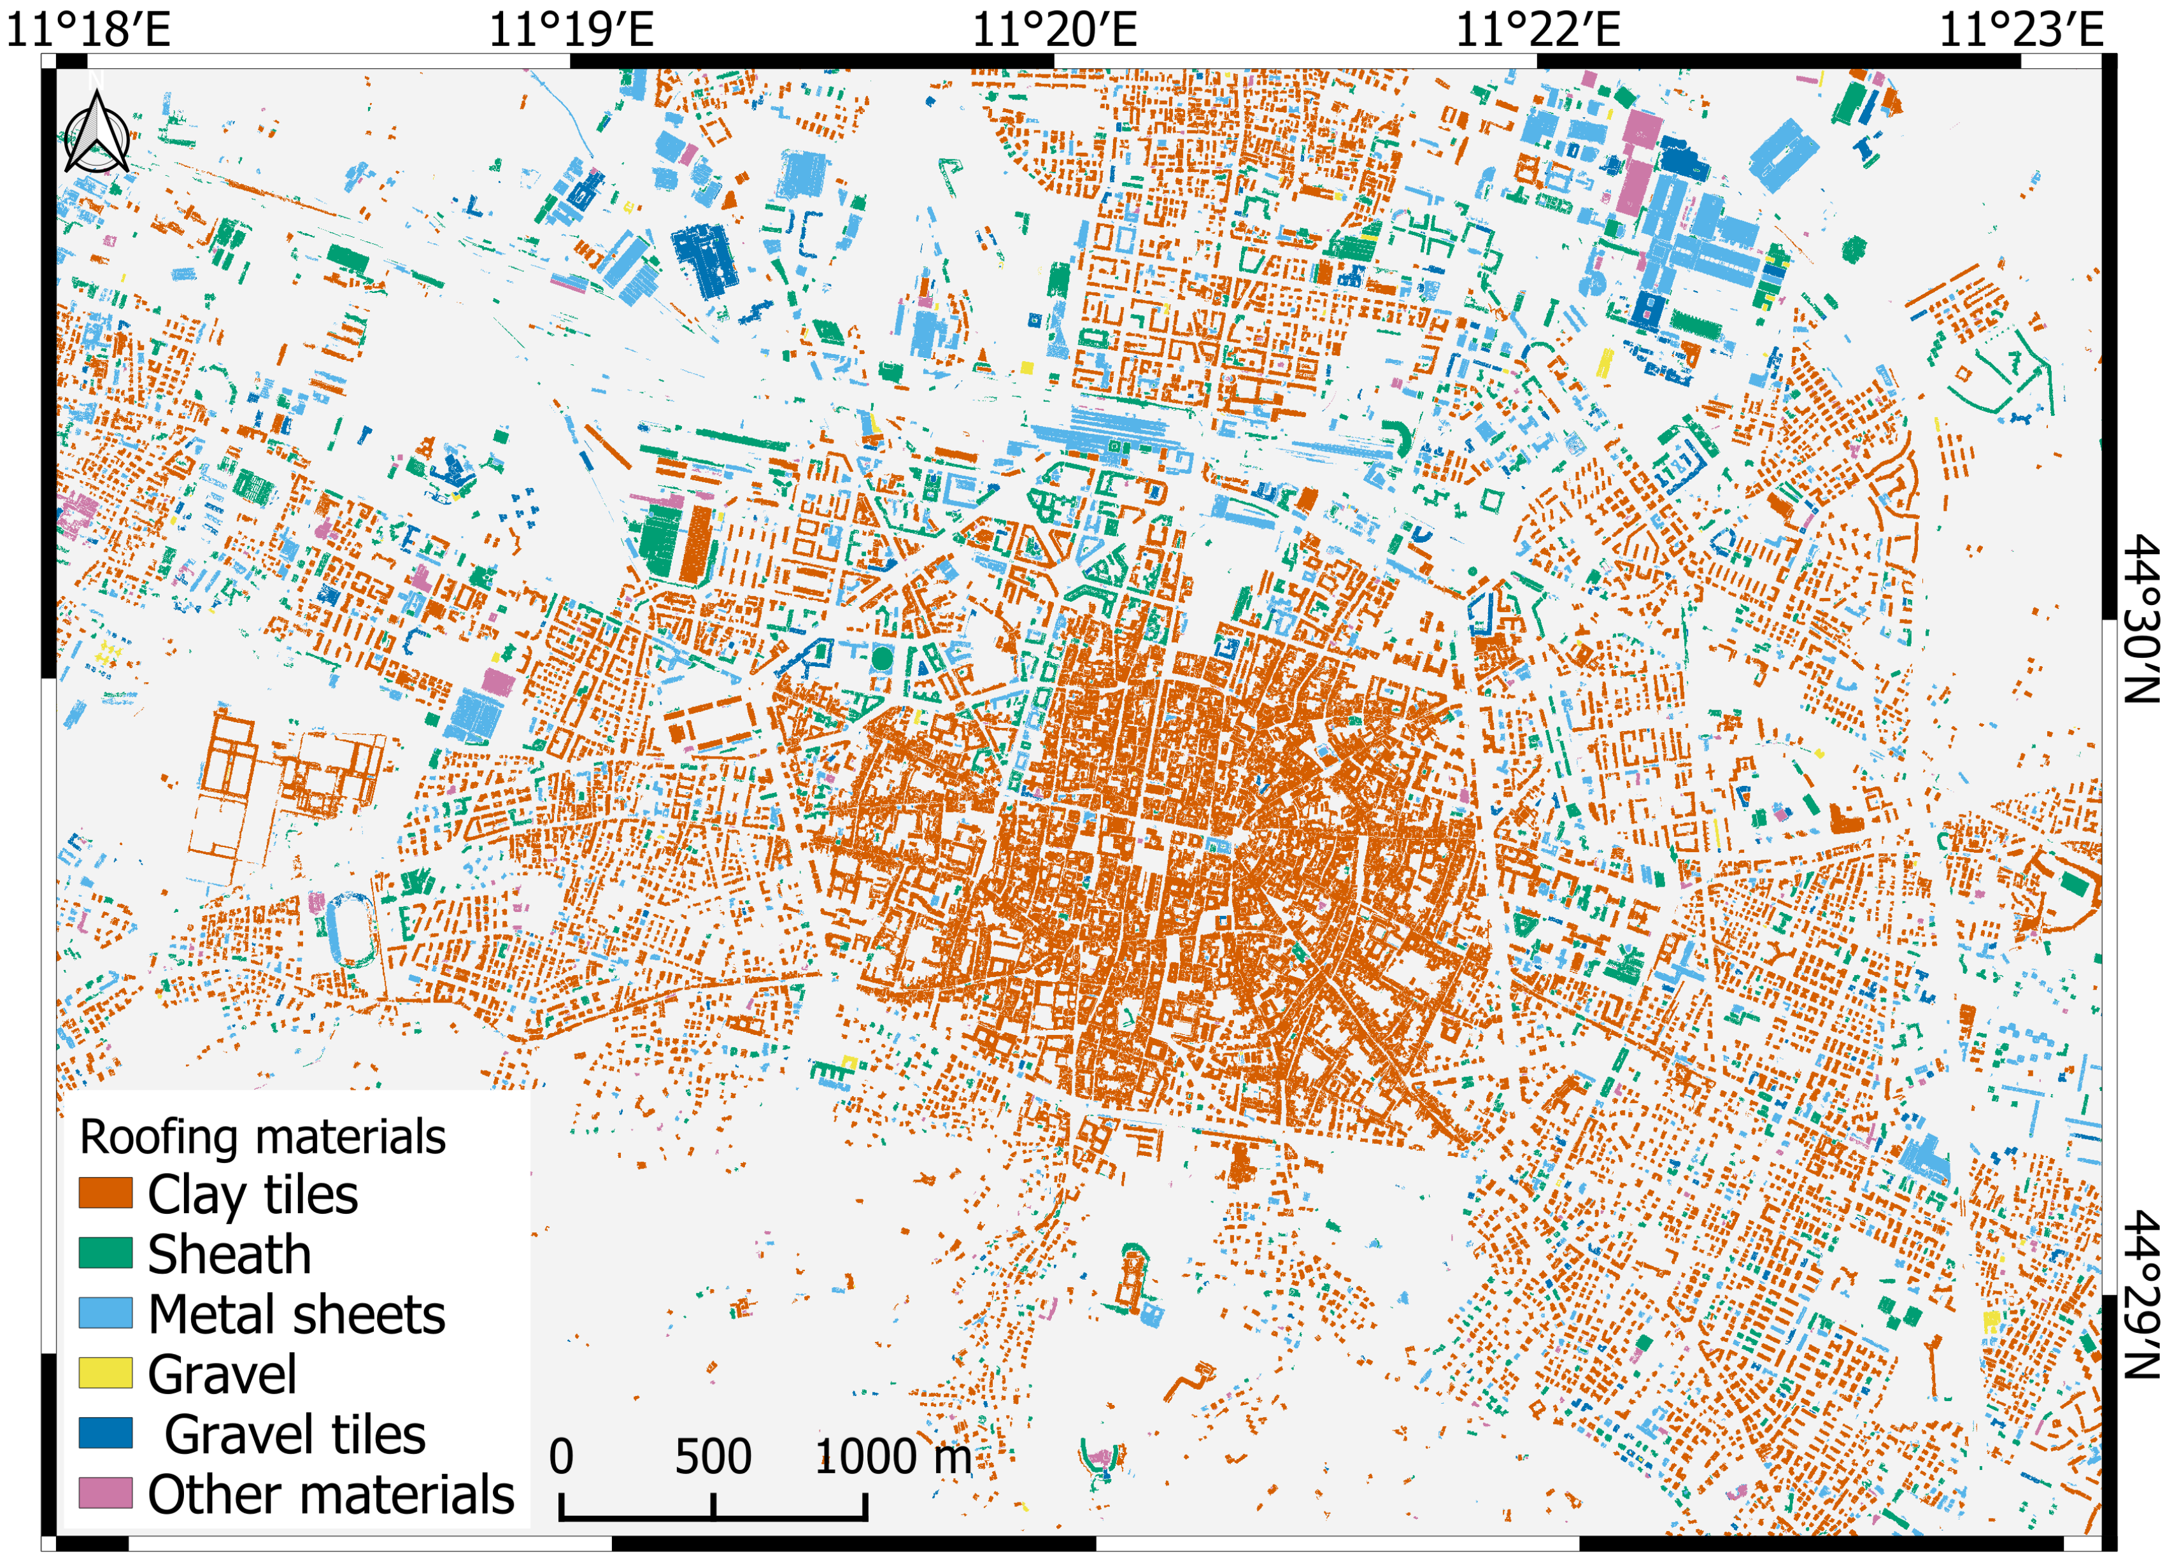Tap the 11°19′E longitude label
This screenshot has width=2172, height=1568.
[572, 28]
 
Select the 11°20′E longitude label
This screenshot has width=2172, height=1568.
[1054, 28]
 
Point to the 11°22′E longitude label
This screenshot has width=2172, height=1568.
[1538, 28]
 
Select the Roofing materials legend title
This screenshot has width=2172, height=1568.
[262, 1137]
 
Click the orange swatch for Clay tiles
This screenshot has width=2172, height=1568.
[105, 1194]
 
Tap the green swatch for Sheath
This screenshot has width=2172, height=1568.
[105, 1254]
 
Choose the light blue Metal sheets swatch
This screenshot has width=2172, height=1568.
[105, 1313]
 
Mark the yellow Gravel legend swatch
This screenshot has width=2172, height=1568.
[105, 1374]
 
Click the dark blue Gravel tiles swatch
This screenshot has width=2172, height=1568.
[105, 1433]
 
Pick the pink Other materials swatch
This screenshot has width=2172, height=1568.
[105, 1493]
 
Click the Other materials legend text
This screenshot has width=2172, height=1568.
[331, 1494]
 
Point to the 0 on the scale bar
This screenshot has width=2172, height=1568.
[561, 1457]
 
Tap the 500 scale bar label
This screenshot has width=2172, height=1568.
[713, 1457]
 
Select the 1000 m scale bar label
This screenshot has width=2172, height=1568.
[893, 1457]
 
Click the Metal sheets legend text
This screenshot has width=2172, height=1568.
[297, 1314]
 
